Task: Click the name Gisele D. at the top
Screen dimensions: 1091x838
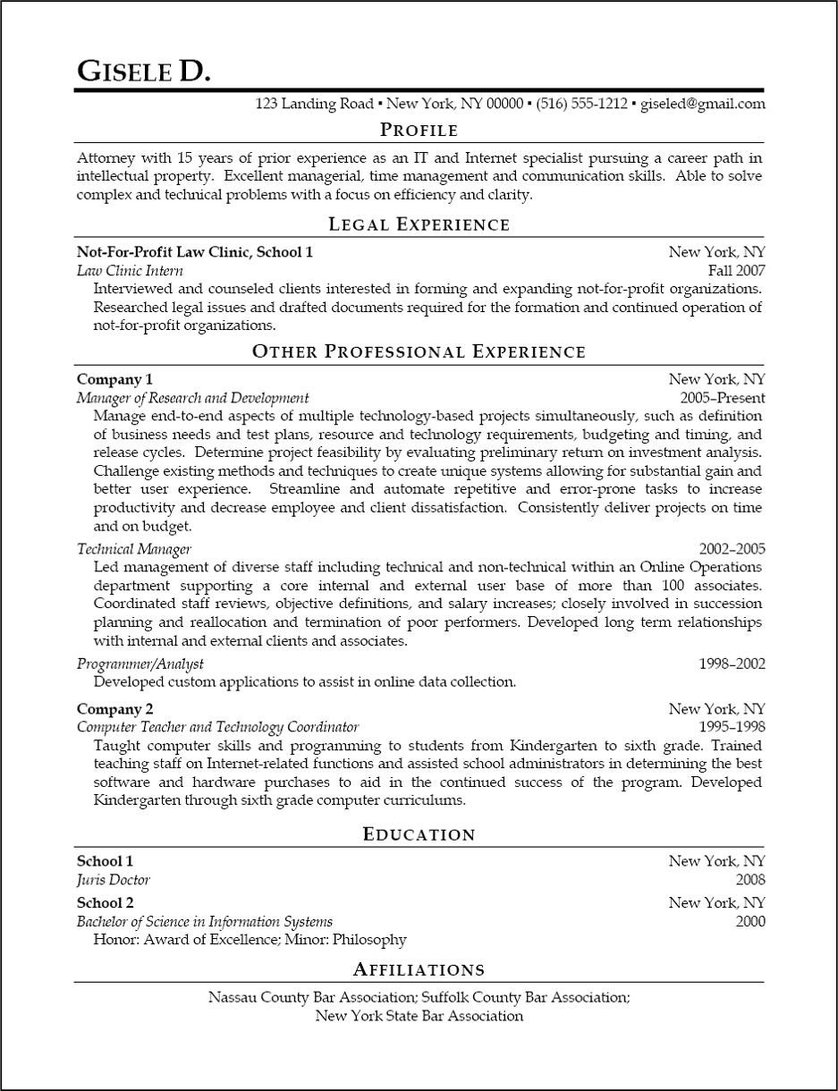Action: pos(144,71)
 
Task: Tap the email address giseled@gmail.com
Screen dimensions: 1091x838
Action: pos(703,104)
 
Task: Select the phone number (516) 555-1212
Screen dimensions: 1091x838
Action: pos(581,104)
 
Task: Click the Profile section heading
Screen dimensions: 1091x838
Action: pos(419,130)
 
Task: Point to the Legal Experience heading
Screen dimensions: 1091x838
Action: pos(419,224)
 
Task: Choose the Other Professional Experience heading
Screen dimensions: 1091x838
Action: pos(419,351)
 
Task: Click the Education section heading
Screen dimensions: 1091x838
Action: pos(419,834)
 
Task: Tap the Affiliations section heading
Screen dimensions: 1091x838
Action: pos(419,969)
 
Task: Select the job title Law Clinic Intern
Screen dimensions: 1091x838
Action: pos(130,271)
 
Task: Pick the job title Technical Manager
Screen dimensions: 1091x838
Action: pos(133,549)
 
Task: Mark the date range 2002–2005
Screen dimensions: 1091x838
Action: pos(732,549)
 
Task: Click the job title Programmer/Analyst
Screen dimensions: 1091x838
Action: pos(140,664)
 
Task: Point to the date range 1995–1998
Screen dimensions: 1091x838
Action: pos(732,727)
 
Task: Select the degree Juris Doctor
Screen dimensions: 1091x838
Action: pos(113,880)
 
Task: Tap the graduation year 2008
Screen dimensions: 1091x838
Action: pos(750,880)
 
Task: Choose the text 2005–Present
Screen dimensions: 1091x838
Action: pos(722,398)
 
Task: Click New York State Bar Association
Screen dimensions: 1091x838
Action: pos(419,1016)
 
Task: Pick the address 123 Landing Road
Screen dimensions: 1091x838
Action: pos(314,104)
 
